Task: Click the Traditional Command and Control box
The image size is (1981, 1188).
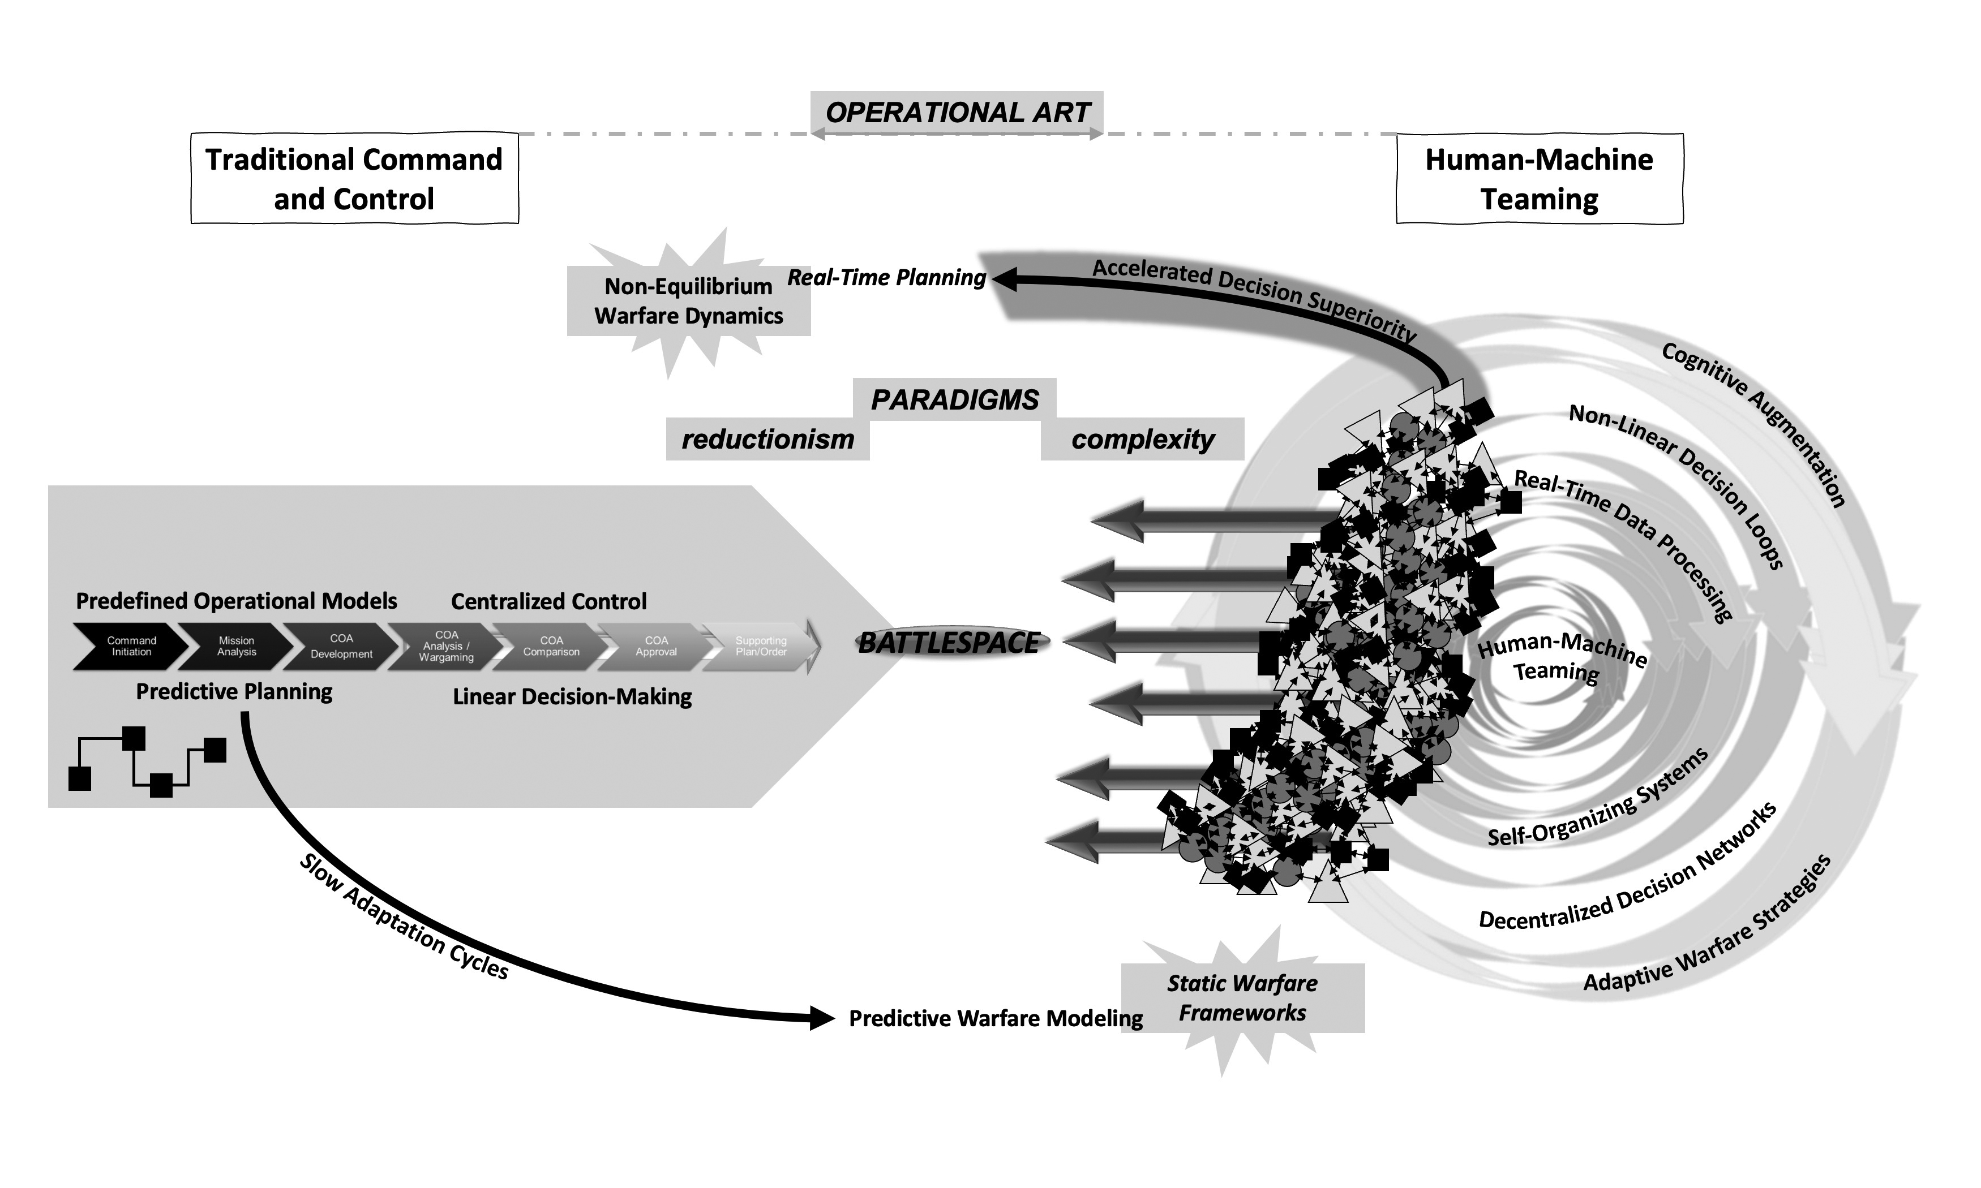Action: [354, 179]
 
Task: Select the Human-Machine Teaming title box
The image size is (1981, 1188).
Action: [1538, 179]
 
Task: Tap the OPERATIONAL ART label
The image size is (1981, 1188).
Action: [957, 113]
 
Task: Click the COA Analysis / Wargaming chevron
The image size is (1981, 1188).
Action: [446, 646]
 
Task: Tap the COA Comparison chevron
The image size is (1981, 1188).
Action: [551, 646]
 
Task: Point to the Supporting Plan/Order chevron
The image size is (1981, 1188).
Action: [761, 646]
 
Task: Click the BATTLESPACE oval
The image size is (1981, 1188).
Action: [949, 643]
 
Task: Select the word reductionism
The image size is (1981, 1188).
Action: [767, 440]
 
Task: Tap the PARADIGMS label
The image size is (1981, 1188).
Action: [954, 399]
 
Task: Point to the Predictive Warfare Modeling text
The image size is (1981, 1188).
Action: [995, 1018]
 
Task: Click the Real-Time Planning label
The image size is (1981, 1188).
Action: [886, 278]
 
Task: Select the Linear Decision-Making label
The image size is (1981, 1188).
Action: [572, 696]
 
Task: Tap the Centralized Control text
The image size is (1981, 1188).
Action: [548, 601]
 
